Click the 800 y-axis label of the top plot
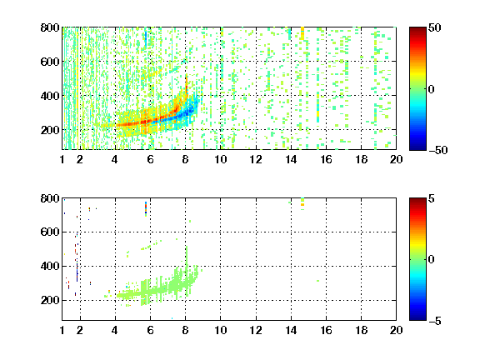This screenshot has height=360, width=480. click(50, 27)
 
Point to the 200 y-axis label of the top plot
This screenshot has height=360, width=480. click(50, 130)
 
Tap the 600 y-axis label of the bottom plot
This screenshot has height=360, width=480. click(50, 232)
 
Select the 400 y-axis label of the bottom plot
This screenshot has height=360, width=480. click(50, 266)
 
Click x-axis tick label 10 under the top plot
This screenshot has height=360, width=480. click(220, 159)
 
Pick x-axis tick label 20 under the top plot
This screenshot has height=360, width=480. click(396, 159)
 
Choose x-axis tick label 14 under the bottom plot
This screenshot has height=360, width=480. click(291, 330)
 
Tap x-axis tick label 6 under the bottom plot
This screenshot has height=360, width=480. click(150, 330)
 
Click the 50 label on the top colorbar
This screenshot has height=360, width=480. click(434, 27)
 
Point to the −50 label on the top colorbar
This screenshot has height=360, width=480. click(437, 150)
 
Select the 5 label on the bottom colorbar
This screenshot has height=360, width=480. click(432, 198)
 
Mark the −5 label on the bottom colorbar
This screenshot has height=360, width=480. click(435, 321)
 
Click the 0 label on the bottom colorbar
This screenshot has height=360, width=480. click(432, 260)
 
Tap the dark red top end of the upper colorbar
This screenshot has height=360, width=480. click(417, 29)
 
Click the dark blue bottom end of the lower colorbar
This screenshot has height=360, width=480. click(417, 318)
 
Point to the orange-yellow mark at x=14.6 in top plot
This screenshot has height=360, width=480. click(302, 33)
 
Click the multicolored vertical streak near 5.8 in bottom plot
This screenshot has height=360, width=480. click(146, 209)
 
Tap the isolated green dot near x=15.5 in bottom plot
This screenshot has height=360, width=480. click(317, 281)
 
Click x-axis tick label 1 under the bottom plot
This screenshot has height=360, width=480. click(62, 330)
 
